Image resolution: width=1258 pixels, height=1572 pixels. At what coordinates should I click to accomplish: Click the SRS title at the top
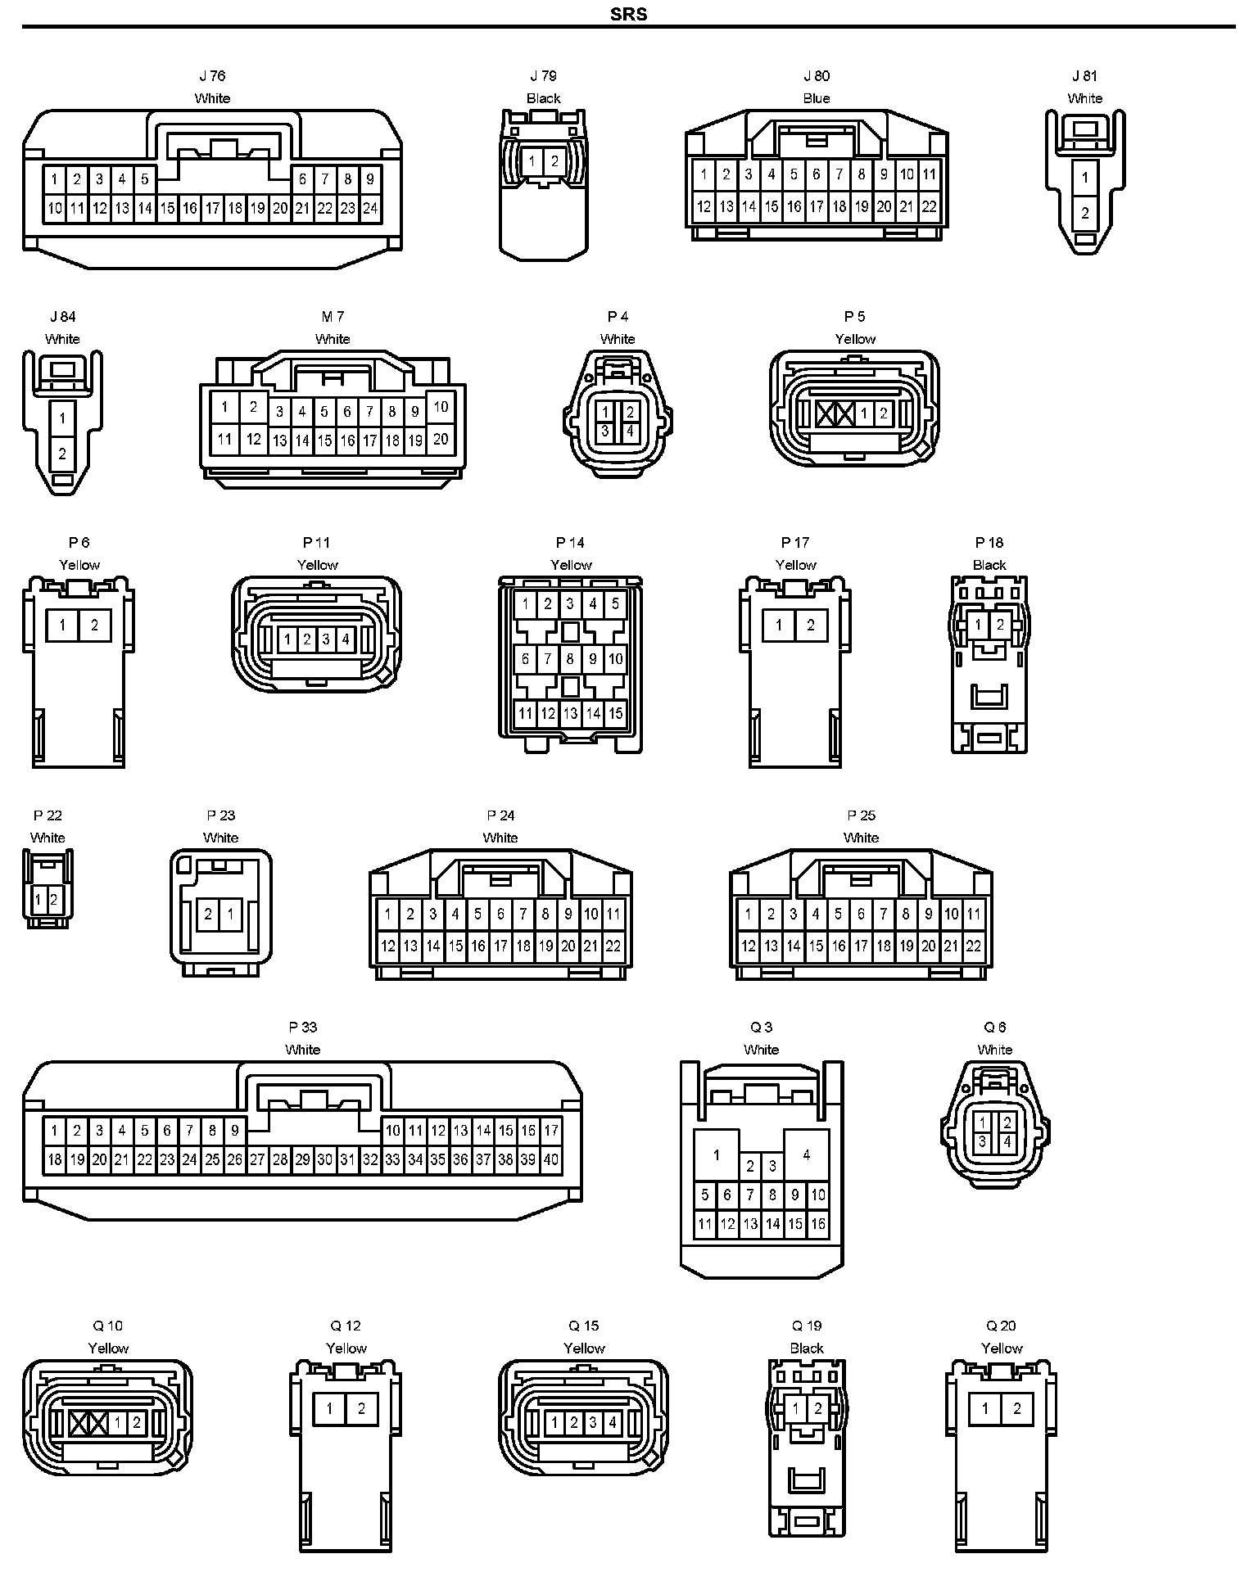tap(628, 14)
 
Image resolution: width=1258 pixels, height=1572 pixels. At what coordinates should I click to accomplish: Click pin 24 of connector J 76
tap(370, 208)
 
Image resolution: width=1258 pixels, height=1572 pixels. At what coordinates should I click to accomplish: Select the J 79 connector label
tap(543, 76)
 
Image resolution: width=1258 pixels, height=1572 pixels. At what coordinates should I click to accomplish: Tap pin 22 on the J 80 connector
tap(929, 207)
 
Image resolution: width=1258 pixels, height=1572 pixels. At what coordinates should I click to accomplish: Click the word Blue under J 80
tap(816, 98)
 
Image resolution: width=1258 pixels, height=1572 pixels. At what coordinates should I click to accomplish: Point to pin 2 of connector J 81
tap(1085, 213)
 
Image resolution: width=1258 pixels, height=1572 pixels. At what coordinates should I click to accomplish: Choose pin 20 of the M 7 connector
tap(441, 439)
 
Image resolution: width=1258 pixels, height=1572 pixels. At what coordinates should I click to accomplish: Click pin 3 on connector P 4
tap(605, 431)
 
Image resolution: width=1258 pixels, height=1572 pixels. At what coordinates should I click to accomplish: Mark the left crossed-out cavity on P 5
tap(826, 413)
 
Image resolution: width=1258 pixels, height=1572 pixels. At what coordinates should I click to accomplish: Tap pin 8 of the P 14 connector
tap(571, 658)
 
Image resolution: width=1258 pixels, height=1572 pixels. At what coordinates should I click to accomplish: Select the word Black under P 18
tap(989, 565)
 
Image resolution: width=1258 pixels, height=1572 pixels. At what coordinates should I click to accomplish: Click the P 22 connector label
tap(48, 815)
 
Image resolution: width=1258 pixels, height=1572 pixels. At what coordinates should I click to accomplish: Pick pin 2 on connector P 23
tap(208, 914)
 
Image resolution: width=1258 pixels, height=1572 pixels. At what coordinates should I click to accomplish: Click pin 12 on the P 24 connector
tap(388, 946)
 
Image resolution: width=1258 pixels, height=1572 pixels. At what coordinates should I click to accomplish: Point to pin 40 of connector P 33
tap(551, 1159)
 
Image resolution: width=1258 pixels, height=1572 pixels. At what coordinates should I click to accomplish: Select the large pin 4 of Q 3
tap(807, 1154)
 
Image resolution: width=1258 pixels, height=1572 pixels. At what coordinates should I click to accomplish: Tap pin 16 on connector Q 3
tap(818, 1224)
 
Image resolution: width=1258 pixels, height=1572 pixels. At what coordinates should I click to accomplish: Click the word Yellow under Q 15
tap(584, 1348)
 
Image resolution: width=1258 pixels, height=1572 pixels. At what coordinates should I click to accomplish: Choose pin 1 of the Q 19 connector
tap(795, 1408)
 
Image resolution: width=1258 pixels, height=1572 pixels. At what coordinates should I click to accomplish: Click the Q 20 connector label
tap(1001, 1326)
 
